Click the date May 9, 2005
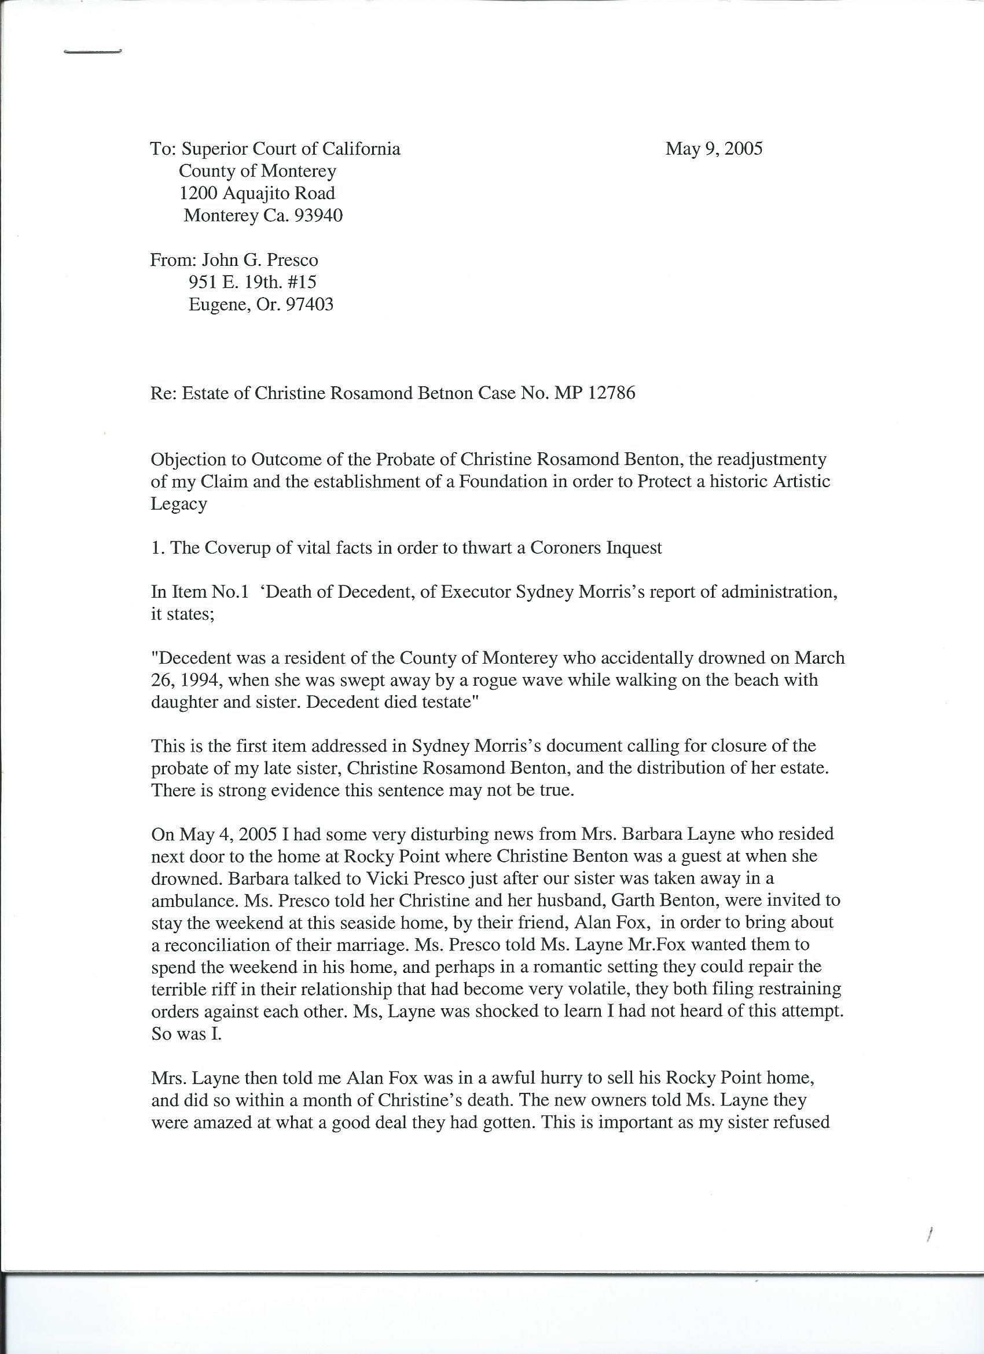tap(714, 149)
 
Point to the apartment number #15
tap(303, 283)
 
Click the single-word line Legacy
tap(179, 504)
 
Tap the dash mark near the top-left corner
tap(93, 53)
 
